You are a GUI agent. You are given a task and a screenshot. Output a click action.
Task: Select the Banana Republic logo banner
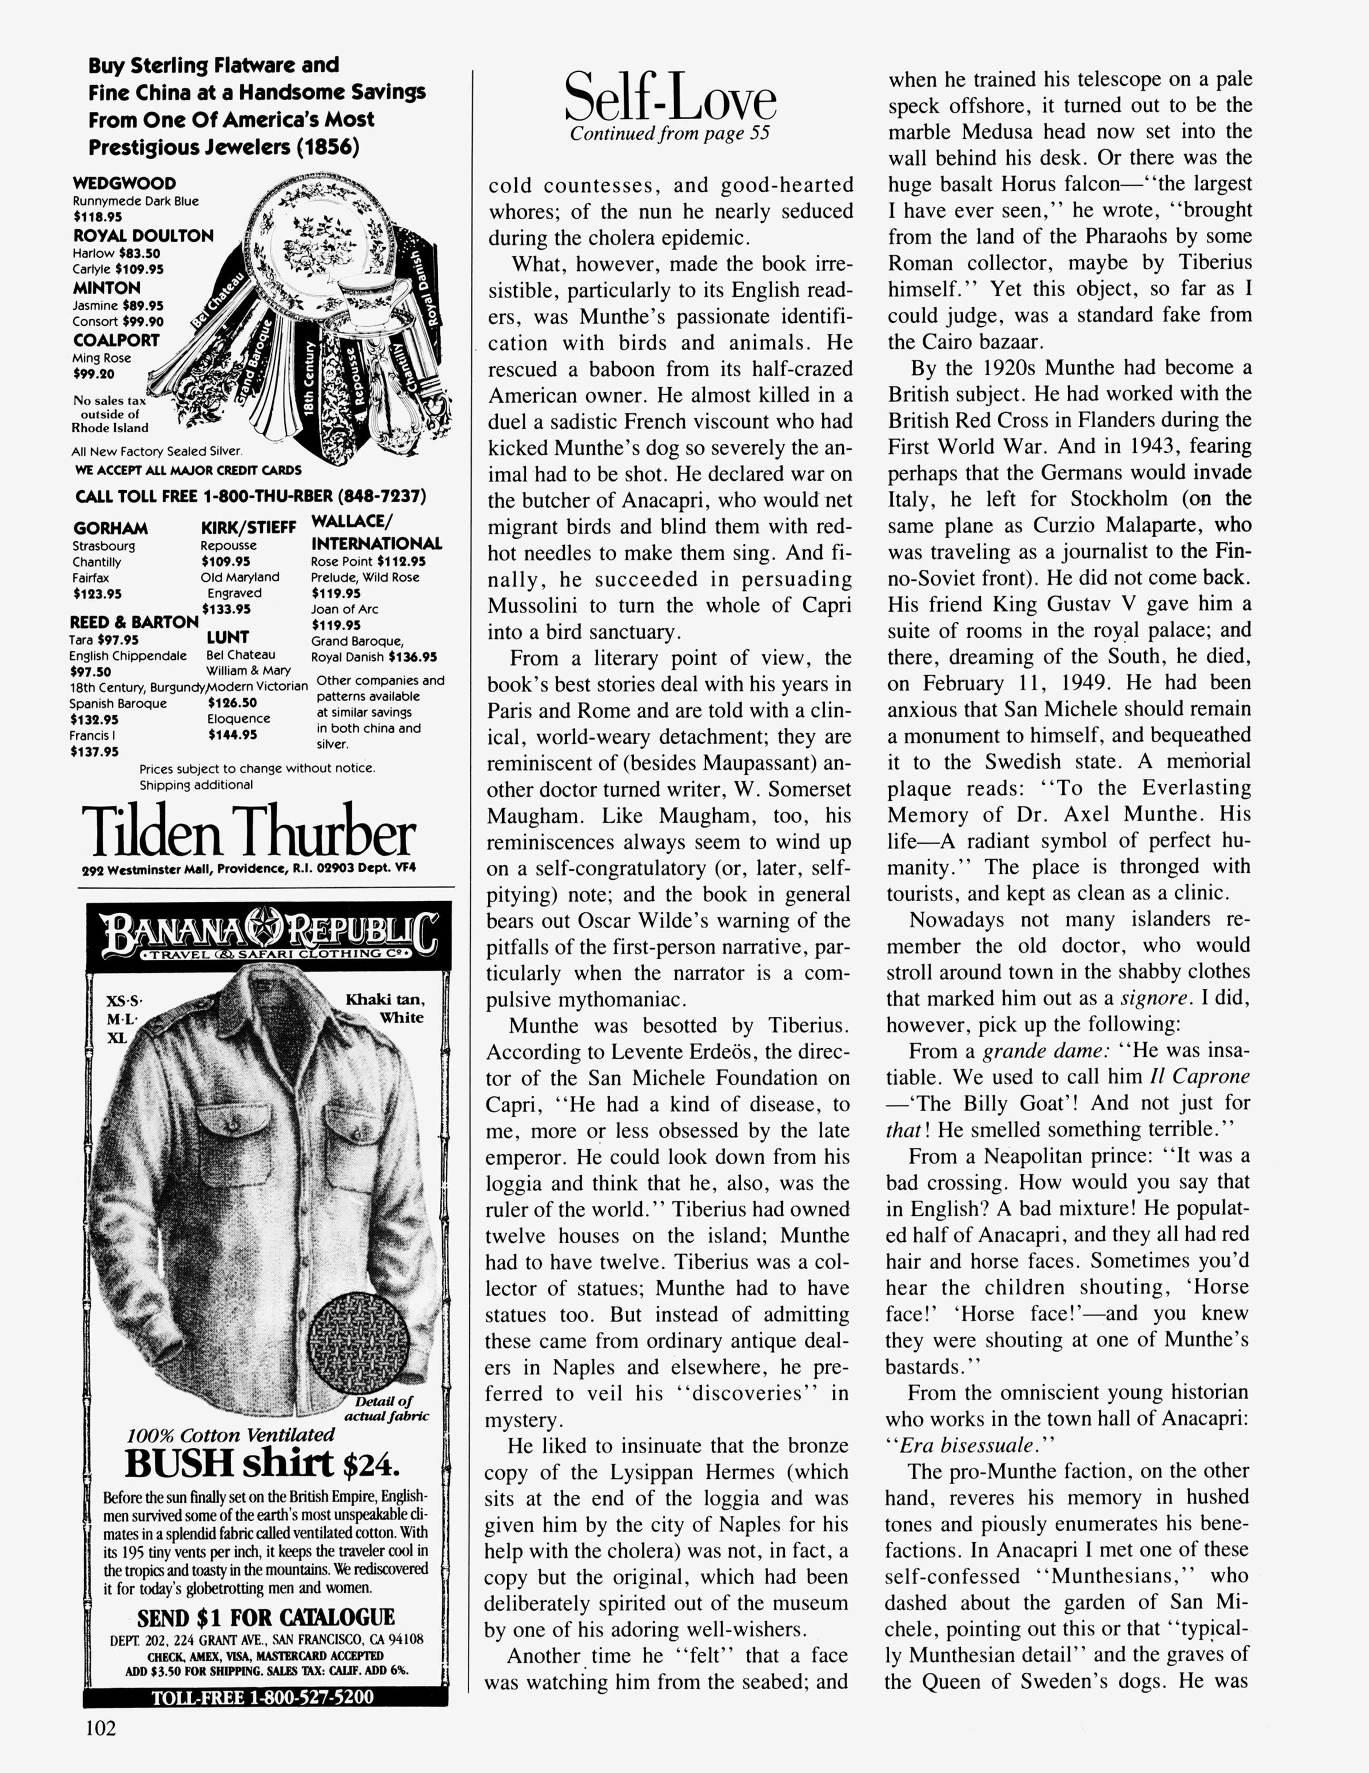pyautogui.click(x=269, y=936)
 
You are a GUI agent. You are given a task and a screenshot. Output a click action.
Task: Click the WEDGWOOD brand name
pyautogui.click(x=124, y=183)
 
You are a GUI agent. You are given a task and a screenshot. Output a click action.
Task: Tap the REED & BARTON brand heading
pyautogui.click(x=134, y=622)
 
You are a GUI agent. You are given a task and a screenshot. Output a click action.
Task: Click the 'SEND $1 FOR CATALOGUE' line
pyautogui.click(x=265, y=1616)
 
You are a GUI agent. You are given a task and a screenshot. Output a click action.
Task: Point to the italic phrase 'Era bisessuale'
pyautogui.click(x=958, y=1445)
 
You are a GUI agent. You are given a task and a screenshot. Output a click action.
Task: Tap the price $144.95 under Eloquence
pyautogui.click(x=233, y=735)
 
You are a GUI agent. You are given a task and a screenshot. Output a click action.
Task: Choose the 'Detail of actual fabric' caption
pyautogui.click(x=386, y=1408)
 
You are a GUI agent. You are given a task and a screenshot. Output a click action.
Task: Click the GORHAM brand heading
pyautogui.click(x=111, y=529)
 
